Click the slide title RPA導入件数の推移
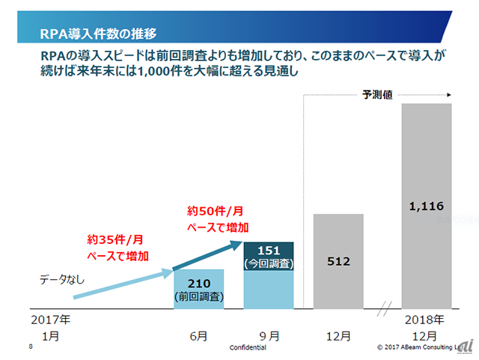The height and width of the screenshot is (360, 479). (98, 33)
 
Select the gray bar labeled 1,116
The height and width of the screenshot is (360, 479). (426, 254)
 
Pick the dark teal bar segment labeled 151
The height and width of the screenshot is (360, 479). (269, 255)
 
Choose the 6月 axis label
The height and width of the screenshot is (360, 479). (198, 336)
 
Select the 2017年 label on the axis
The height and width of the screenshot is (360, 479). (52, 320)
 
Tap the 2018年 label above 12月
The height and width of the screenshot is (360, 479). (426, 320)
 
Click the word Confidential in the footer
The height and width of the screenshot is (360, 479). (248, 347)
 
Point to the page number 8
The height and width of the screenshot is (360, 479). (31, 347)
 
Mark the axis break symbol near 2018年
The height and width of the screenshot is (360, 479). (386, 308)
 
